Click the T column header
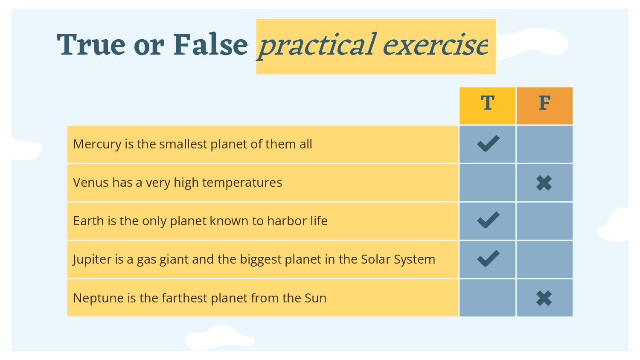pyautogui.click(x=487, y=106)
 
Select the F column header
pyautogui.click(x=544, y=106)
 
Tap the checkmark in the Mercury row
pyautogui.click(x=488, y=143)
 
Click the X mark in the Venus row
pyautogui.click(x=544, y=183)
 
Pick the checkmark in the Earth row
pyautogui.click(x=488, y=220)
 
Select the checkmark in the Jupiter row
pyautogui.click(x=488, y=258)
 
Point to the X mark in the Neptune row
pyautogui.click(x=544, y=298)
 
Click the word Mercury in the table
pyautogui.click(x=97, y=145)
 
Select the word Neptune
pyautogui.click(x=98, y=299)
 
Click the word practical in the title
pyautogui.click(x=316, y=46)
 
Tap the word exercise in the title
pyautogui.click(x=436, y=45)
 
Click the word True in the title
pyautogui.click(x=91, y=44)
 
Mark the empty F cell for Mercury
pyautogui.click(x=544, y=144)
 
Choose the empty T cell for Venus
pyautogui.click(x=487, y=183)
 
